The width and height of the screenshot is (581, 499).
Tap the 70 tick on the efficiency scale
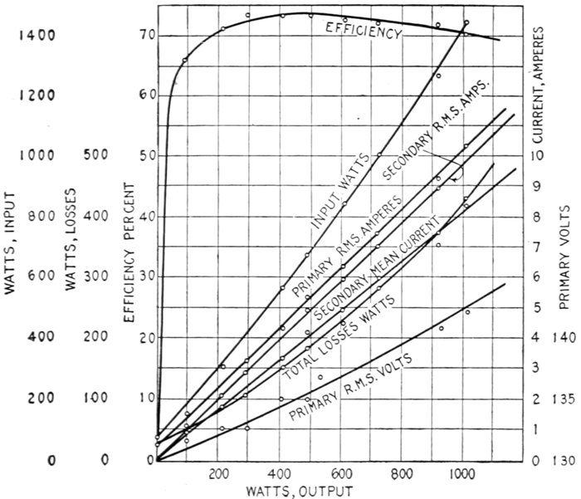coord(148,36)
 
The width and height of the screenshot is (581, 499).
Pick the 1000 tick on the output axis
coord(459,476)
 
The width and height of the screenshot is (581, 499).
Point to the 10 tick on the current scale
coord(538,156)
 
